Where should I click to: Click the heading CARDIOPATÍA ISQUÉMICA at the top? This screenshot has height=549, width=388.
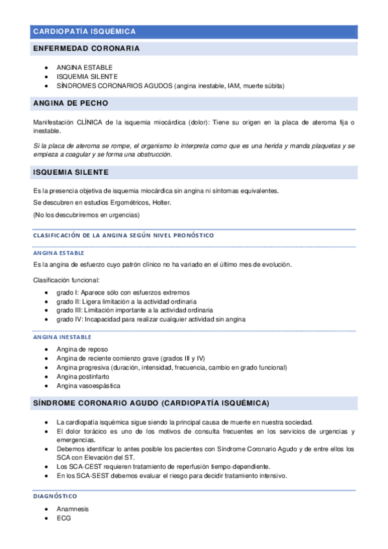tap(84, 31)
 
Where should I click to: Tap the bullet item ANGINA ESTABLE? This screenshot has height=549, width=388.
tap(84, 67)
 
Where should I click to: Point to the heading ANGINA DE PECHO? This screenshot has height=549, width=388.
tap(71, 104)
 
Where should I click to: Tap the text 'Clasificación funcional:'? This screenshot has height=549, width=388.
tap(66, 280)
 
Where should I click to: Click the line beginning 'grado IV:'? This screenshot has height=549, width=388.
tap(151, 319)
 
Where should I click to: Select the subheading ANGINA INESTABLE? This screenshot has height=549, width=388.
tap(62, 337)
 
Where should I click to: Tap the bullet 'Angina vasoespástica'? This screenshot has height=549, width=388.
tap(88, 386)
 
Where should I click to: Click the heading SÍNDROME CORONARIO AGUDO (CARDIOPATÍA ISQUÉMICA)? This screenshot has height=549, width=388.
tap(151, 403)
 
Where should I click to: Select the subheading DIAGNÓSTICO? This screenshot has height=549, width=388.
tap(55, 496)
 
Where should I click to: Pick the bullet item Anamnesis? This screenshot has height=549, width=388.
tap(73, 509)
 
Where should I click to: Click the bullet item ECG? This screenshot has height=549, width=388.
tap(63, 518)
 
